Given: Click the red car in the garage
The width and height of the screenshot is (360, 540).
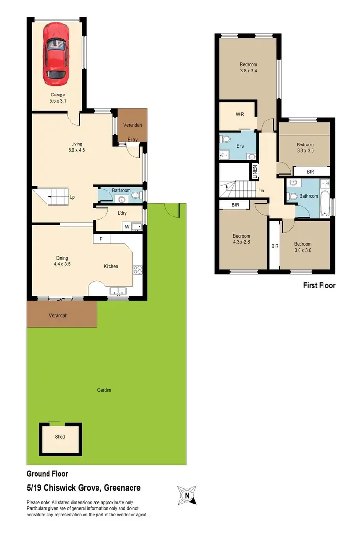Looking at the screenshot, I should click(54, 53).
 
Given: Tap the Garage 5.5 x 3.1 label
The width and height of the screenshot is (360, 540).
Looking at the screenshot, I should click(57, 98).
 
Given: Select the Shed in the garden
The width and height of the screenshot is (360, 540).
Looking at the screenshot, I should click(60, 437).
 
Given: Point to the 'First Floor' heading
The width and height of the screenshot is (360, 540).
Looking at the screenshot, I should click(319, 285).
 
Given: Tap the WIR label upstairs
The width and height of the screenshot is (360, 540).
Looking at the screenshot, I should click(240, 115).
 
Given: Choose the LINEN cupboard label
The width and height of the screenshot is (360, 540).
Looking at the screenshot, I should click(255, 171).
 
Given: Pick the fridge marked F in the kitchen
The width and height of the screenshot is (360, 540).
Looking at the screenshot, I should click(101, 239).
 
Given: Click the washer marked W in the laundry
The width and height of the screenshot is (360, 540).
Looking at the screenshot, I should click(127, 226).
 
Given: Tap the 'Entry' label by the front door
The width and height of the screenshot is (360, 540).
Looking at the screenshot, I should click(132, 140).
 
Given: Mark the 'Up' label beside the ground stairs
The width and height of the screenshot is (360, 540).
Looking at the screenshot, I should click(72, 197).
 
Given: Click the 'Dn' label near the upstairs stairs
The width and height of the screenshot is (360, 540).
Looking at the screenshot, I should click(261, 191).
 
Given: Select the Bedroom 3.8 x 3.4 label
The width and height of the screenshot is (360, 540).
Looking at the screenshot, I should click(249, 68).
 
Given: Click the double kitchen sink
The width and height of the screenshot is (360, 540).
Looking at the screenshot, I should click(117, 290).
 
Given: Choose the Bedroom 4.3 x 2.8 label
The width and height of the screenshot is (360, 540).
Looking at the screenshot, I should click(241, 239).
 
